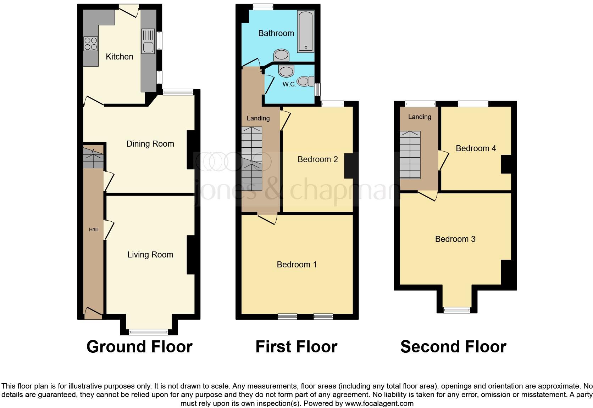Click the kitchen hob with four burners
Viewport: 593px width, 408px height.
click(x=91, y=44)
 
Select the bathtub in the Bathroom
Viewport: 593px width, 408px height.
click(x=306, y=32)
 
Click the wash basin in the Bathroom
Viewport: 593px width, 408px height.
click(x=282, y=55)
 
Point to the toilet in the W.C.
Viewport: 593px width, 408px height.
click(x=305, y=81)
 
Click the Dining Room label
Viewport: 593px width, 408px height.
click(x=150, y=144)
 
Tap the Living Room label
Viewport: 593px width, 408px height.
click(x=150, y=255)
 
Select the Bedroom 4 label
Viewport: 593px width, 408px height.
click(x=476, y=148)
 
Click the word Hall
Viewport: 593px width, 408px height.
click(x=93, y=229)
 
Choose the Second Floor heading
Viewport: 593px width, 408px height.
click(x=453, y=347)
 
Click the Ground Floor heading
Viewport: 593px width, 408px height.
click(x=139, y=347)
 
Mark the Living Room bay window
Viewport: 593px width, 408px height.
click(x=148, y=332)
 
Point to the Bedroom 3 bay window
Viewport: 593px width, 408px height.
click(x=457, y=310)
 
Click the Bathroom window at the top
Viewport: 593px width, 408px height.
click(x=263, y=7)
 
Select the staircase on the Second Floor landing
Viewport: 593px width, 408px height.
click(x=410, y=155)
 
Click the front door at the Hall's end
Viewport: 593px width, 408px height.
click(x=93, y=312)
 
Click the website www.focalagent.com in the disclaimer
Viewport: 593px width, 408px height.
click(x=379, y=403)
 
